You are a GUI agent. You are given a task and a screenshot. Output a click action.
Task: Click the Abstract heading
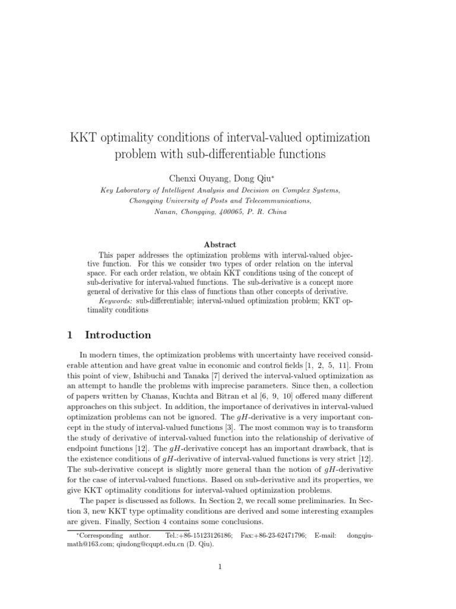pyautogui.click(x=220, y=244)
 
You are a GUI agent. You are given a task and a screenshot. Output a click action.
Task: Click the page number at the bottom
pyautogui.click(x=220, y=566)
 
